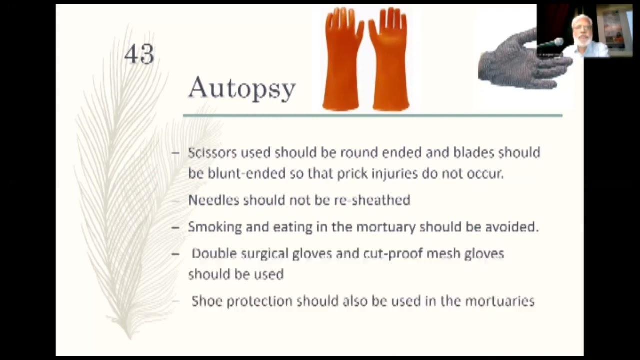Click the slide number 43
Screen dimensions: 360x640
(139, 54)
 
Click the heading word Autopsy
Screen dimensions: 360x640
(242, 89)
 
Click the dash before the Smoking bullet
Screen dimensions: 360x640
(175, 227)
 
